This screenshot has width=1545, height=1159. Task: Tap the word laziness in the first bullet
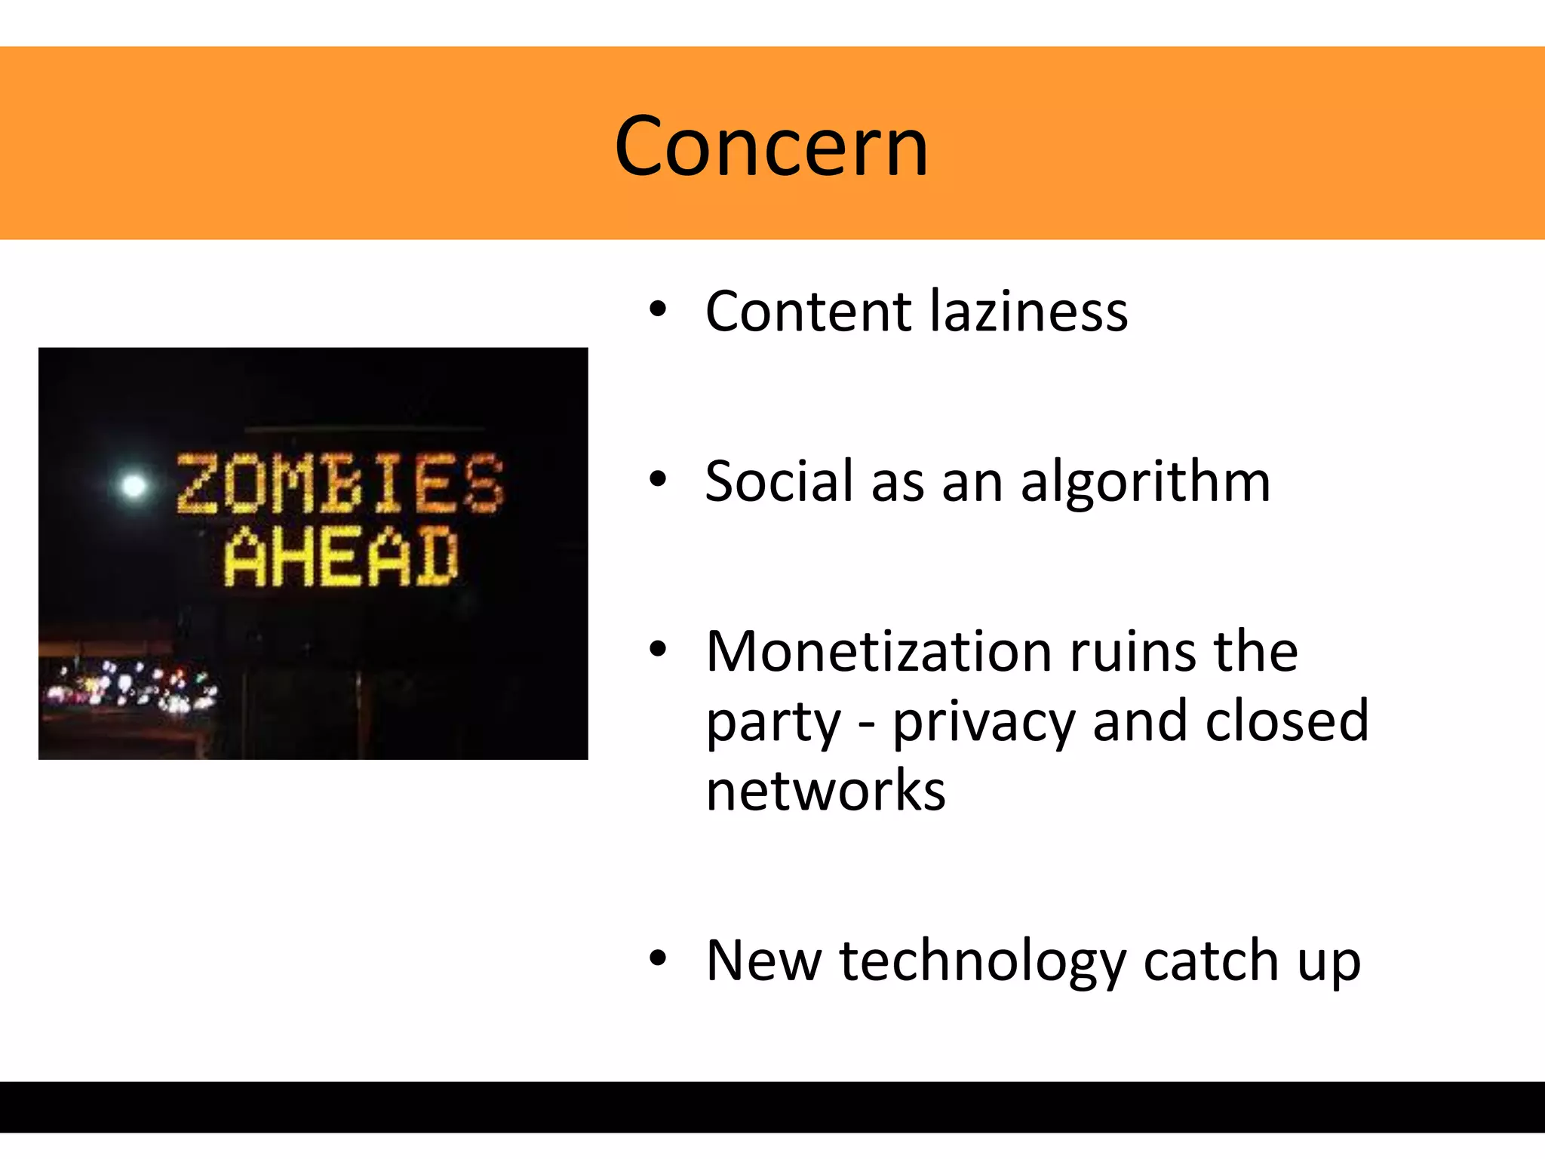1029,311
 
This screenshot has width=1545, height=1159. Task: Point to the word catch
1211,961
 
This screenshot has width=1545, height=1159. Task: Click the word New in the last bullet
763,961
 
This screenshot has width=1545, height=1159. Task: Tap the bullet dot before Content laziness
658,309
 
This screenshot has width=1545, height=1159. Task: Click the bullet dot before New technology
658,958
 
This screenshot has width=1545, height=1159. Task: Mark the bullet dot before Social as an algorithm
658,479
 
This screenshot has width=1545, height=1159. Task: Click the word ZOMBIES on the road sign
339,484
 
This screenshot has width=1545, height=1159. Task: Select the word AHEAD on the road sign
341,557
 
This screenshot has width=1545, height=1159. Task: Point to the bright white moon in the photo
134,485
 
